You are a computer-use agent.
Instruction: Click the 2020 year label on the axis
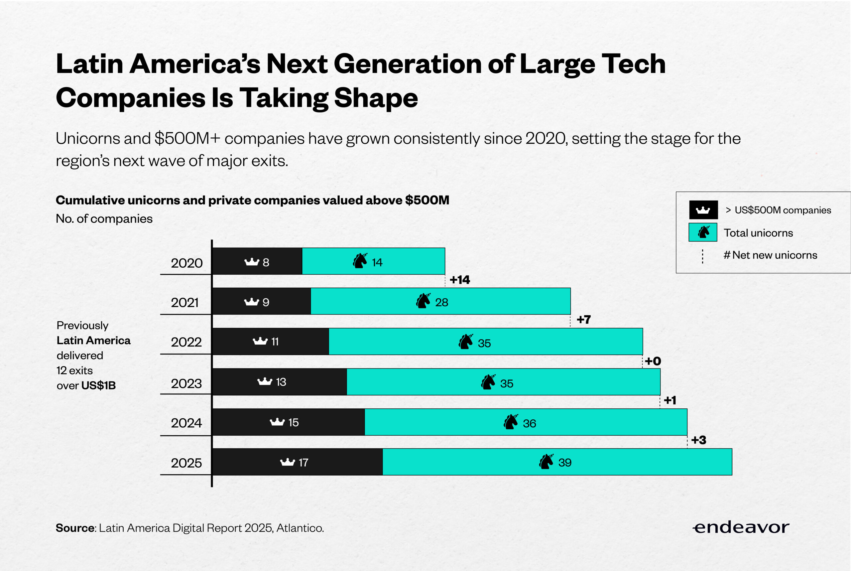tap(187, 263)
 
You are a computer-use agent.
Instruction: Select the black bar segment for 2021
tap(261, 301)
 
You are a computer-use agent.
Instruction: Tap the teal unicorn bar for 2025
tap(557, 462)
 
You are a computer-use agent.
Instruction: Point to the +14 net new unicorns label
tap(460, 280)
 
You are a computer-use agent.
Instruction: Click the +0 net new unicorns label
tap(653, 361)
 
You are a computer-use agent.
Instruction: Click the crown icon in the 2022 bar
tap(260, 341)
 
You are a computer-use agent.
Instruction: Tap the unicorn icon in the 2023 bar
tap(488, 382)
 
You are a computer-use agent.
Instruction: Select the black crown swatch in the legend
tap(703, 210)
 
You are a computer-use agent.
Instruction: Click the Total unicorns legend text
tap(758, 233)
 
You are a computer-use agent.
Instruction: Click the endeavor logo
tap(741, 527)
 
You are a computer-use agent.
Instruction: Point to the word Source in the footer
tap(75, 528)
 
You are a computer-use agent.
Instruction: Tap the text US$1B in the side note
tap(98, 385)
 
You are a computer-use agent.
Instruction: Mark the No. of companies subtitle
tap(104, 218)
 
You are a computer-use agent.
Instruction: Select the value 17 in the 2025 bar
tap(303, 463)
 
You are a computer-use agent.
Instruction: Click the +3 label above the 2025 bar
tap(698, 440)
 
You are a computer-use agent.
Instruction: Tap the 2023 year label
tap(186, 383)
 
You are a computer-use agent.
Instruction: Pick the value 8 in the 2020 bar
tap(266, 262)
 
